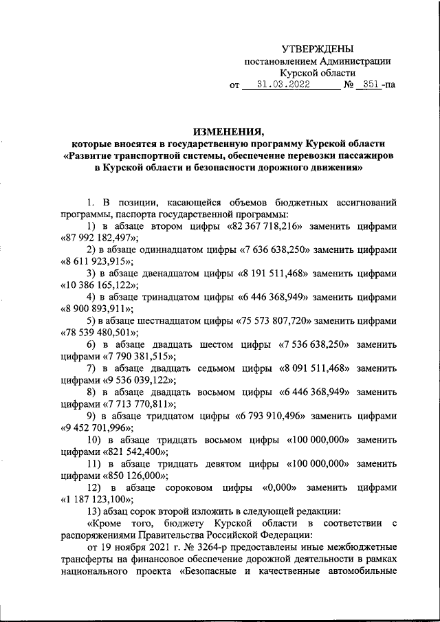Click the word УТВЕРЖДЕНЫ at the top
318,49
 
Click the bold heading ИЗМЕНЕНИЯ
228,131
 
